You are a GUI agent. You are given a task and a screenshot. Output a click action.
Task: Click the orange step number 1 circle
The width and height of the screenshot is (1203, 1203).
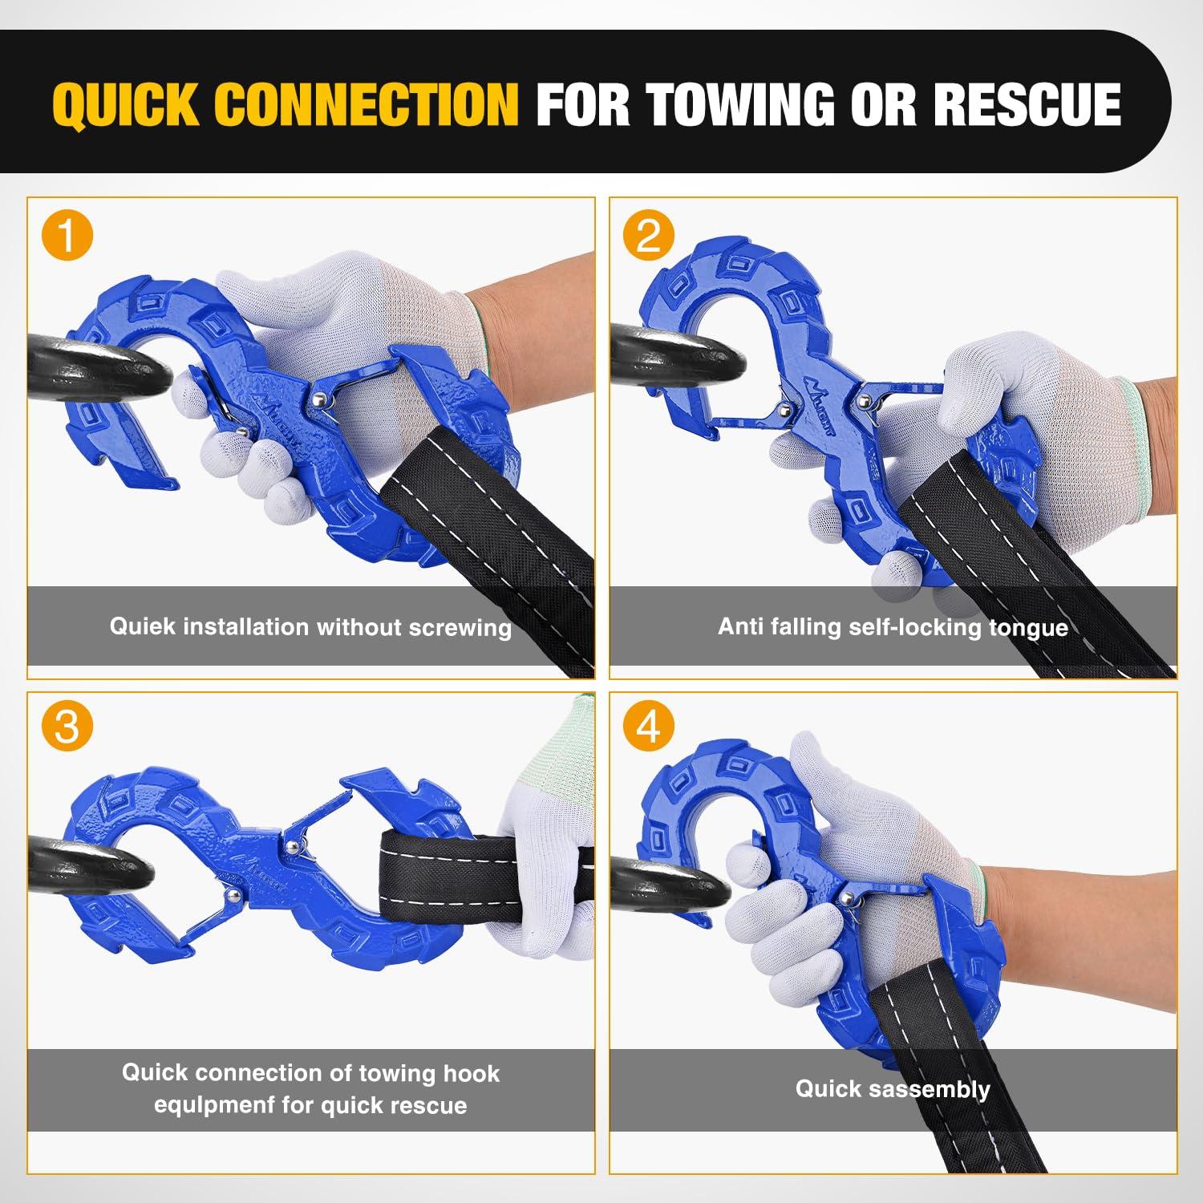click(67, 237)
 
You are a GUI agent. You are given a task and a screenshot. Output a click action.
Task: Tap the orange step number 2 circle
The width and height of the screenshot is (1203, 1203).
click(649, 237)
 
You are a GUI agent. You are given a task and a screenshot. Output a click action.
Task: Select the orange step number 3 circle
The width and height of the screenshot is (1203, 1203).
click(67, 727)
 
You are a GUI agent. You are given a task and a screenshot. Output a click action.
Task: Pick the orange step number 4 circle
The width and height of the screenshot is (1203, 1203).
click(649, 727)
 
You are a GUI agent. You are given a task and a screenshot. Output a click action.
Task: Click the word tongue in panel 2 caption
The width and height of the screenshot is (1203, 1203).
click(1028, 628)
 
